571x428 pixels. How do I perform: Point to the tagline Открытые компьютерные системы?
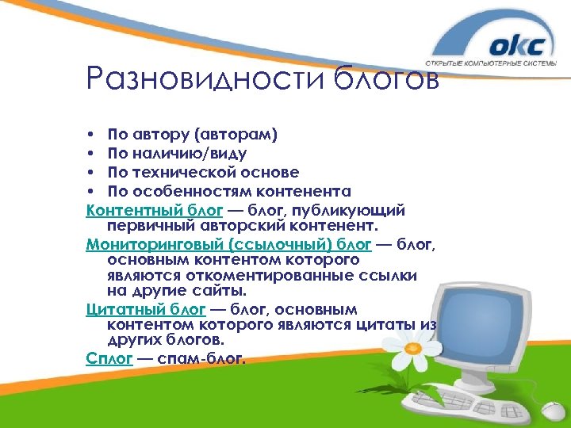[496, 65]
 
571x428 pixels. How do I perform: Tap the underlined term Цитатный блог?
[145, 309]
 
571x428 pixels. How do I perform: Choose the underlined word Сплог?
[108, 357]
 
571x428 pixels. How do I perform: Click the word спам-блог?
[202, 357]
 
